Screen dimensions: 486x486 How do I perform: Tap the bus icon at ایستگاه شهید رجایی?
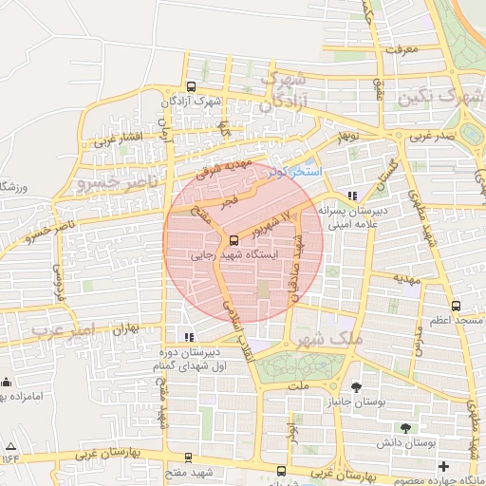coord(234,240)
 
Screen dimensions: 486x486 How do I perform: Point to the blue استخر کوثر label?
coord(295,172)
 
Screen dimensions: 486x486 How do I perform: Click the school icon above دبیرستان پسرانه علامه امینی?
coord(352,196)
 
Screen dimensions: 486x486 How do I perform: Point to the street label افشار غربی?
coord(117,140)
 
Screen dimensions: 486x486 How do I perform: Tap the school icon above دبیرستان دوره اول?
coord(191,336)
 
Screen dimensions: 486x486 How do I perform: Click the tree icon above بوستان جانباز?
coord(355,387)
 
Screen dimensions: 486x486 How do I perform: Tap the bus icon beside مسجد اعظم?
coord(457,306)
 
